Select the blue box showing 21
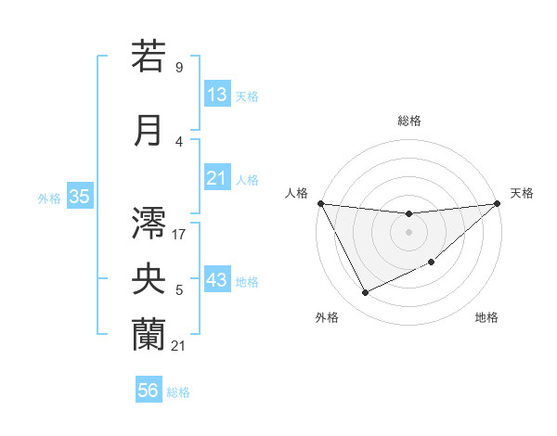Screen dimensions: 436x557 click(217, 179)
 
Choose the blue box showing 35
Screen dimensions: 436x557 click(79, 197)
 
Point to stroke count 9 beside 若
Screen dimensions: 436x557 click(178, 68)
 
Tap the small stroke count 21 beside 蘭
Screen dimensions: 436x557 click(178, 346)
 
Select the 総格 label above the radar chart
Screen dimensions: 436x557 click(408, 121)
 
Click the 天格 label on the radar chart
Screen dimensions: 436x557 click(523, 193)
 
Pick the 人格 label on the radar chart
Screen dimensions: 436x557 click(297, 193)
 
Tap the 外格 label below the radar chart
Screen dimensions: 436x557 click(327, 318)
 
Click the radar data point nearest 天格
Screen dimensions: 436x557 click(497, 203)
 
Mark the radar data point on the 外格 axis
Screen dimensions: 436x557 click(365, 293)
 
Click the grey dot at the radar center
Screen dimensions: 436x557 click(408, 232)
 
